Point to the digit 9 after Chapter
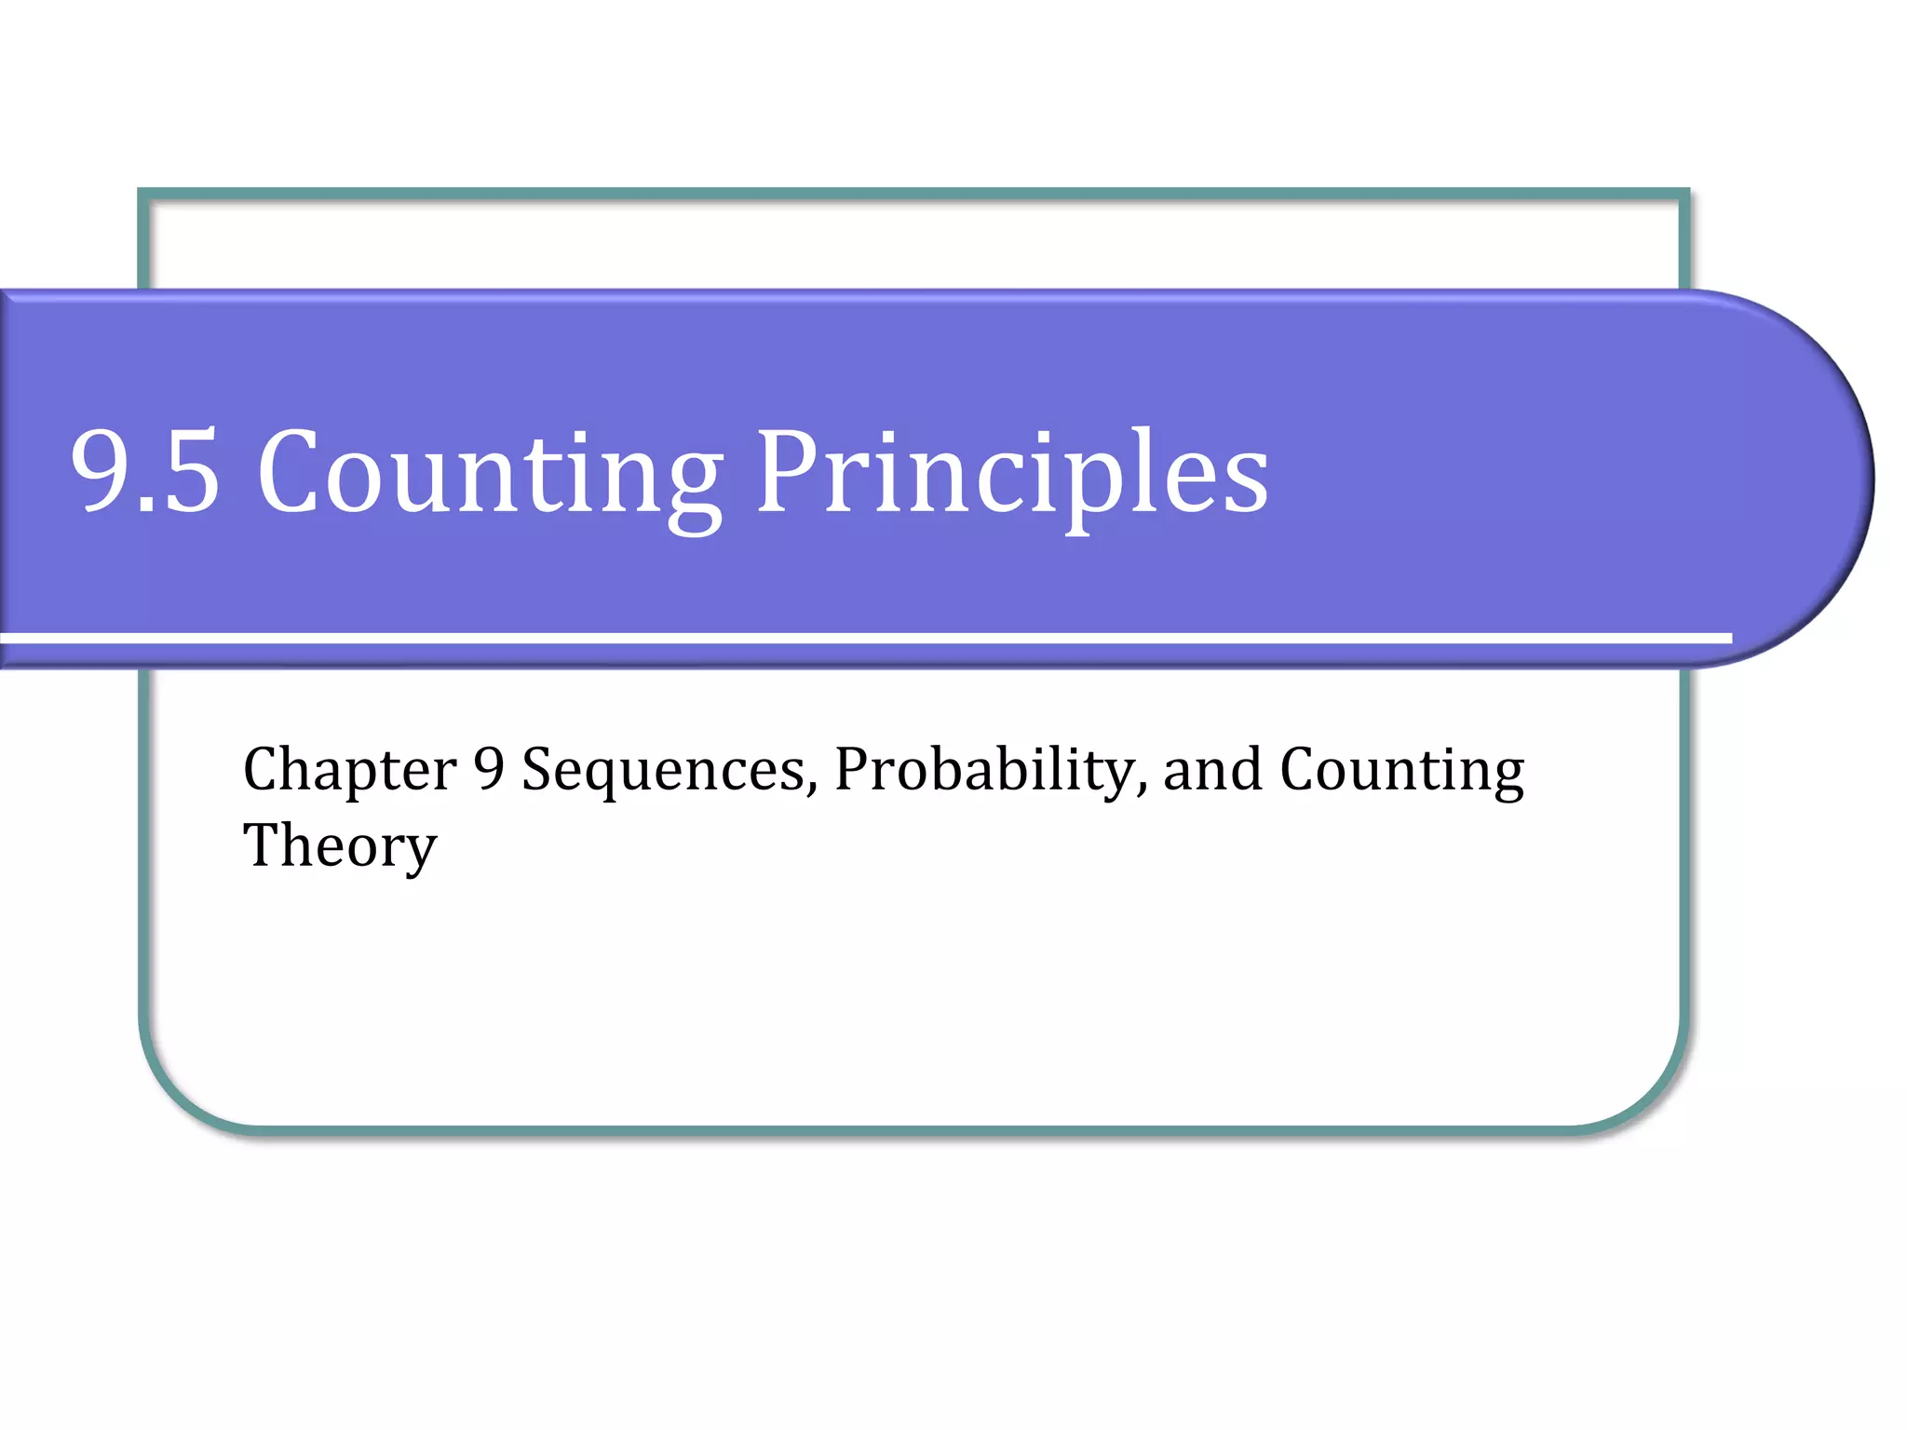pyautogui.click(x=489, y=769)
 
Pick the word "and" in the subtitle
pyautogui.click(x=1213, y=771)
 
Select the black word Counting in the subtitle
pyautogui.click(x=1402, y=771)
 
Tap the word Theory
pyautogui.click(x=340, y=847)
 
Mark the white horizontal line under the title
pyautogui.click(x=866, y=638)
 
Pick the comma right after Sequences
pyautogui.click(x=813, y=789)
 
